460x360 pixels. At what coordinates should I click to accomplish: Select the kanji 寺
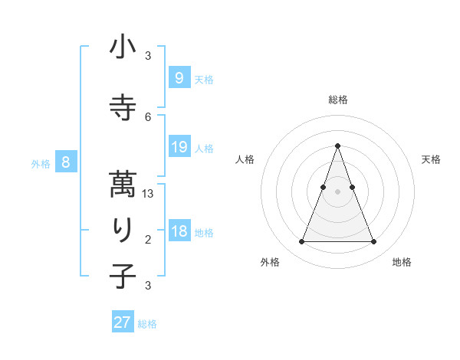(x=123, y=107)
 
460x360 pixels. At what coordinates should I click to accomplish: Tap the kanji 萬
(x=123, y=183)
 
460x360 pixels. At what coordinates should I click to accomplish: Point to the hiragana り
(x=123, y=229)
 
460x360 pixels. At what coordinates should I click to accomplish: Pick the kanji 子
(x=123, y=276)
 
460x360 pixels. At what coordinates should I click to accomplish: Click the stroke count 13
(x=148, y=195)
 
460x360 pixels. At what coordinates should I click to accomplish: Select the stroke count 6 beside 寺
(x=148, y=116)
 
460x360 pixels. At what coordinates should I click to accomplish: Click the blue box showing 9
(x=179, y=77)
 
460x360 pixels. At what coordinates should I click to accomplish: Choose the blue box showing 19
(x=179, y=147)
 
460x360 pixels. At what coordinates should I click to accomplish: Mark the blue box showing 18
(x=179, y=231)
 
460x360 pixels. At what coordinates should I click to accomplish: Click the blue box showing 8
(x=66, y=162)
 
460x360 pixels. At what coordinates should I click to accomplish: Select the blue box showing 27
(x=123, y=322)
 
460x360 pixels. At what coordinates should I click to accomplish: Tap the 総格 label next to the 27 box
(x=148, y=324)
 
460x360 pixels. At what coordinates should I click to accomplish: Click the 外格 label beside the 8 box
(x=41, y=164)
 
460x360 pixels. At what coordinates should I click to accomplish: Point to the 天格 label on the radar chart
(x=431, y=159)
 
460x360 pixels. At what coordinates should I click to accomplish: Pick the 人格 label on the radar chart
(x=245, y=159)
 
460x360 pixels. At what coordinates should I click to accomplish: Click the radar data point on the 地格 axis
(x=374, y=242)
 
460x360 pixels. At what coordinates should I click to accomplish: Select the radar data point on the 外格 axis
(x=301, y=242)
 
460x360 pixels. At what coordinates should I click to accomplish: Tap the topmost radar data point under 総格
(x=337, y=146)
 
